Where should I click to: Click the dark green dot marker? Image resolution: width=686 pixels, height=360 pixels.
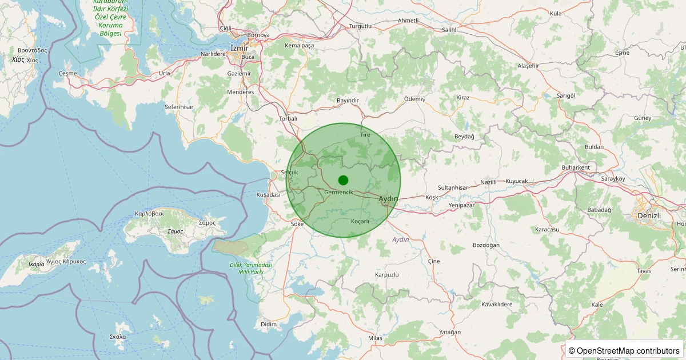tap(343, 180)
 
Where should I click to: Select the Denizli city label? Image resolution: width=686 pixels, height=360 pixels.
tap(649, 215)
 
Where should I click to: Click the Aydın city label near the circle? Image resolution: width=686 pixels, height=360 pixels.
tap(388, 198)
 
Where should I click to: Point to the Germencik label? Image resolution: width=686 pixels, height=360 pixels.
tap(338, 192)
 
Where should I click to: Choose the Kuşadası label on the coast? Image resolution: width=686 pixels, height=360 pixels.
tap(268, 195)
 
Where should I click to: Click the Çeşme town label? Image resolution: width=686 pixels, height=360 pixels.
tap(67, 74)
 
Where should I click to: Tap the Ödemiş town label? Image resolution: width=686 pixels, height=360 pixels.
tap(414, 99)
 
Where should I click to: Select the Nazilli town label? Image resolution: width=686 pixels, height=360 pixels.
tap(489, 182)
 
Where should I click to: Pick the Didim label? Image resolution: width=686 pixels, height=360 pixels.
tap(268, 324)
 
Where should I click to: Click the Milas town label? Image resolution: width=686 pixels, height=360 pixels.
tap(375, 338)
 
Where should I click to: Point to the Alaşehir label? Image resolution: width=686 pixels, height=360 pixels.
tap(528, 66)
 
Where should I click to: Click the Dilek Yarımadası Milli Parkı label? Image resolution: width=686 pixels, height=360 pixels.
tap(246, 268)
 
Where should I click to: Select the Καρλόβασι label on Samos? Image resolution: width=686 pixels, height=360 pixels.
tap(149, 213)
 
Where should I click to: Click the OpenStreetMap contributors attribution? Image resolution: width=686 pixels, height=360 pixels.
tap(624, 350)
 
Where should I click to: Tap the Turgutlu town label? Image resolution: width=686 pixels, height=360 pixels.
tap(360, 26)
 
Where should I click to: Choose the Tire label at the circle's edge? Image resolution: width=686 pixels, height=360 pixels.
tap(365, 135)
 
